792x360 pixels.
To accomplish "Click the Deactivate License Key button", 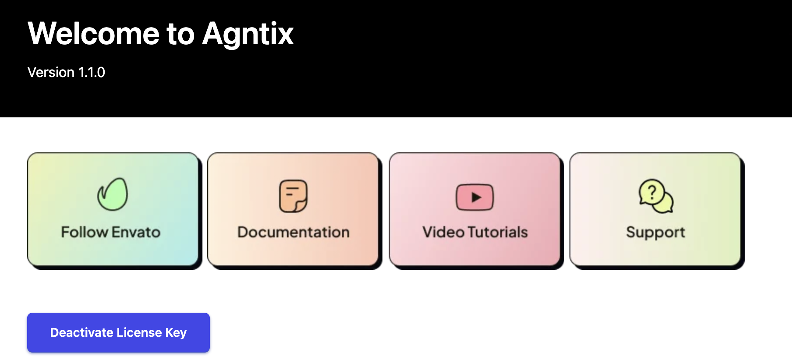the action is click(118, 332).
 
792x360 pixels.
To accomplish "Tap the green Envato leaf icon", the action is click(113, 194).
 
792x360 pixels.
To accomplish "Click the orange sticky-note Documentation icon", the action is click(293, 196).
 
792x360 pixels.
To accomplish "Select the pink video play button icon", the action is click(475, 197).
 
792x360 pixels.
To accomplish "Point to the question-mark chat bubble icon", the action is click(656, 196).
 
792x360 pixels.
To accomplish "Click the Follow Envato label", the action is click(111, 232).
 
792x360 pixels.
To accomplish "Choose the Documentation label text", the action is click(293, 232).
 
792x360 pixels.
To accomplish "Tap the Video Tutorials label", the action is click(475, 232).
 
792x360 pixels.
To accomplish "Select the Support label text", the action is click(656, 233).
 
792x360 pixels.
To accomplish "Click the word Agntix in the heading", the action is click(248, 35).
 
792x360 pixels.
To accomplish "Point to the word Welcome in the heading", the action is click(94, 34).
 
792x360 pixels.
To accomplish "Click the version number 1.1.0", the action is click(92, 72).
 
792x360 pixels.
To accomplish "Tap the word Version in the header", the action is click(51, 72).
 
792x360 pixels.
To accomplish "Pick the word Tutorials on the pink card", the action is click(498, 232).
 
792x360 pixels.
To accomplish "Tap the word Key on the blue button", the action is click(176, 333).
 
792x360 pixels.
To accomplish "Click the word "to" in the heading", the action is click(180, 35).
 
